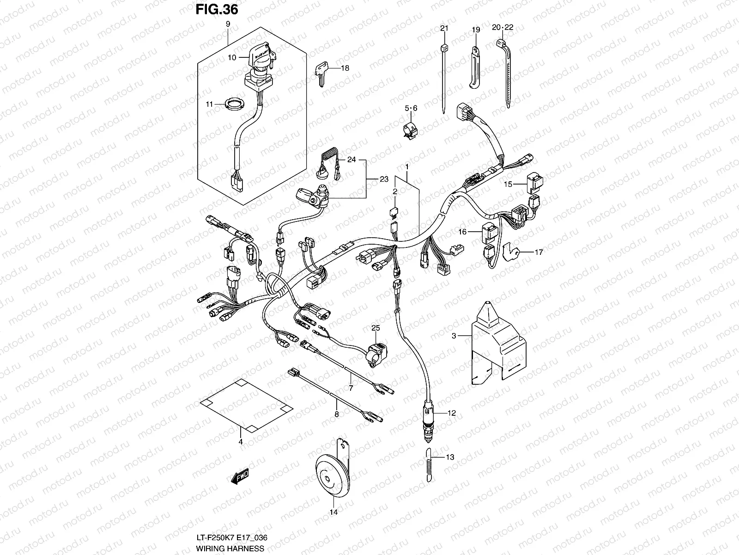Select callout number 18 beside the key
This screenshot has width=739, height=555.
click(345, 68)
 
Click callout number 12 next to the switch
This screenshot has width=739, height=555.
click(451, 413)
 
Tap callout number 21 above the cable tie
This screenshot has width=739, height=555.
click(444, 29)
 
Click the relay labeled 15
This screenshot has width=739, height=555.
click(535, 183)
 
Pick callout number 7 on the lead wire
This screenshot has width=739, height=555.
click(351, 388)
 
